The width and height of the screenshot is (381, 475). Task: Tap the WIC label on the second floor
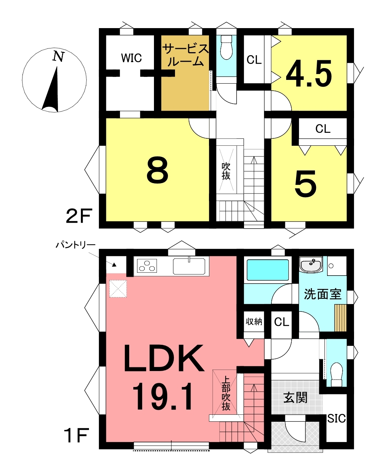(131, 58)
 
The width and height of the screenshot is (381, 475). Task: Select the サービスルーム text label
(186, 55)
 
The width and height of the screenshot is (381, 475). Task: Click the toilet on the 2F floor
(226, 47)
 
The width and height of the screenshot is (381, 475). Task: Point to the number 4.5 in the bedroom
(309, 73)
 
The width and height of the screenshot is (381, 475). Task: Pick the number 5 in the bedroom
(305, 183)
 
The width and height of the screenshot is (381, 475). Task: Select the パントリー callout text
(75, 245)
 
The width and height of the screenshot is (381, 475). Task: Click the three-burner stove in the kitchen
(147, 266)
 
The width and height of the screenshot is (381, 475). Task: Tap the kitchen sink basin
(189, 266)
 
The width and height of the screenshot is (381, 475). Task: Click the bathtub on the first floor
(268, 270)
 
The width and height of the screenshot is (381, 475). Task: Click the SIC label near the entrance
(336, 418)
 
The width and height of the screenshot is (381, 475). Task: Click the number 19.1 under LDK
(162, 397)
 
